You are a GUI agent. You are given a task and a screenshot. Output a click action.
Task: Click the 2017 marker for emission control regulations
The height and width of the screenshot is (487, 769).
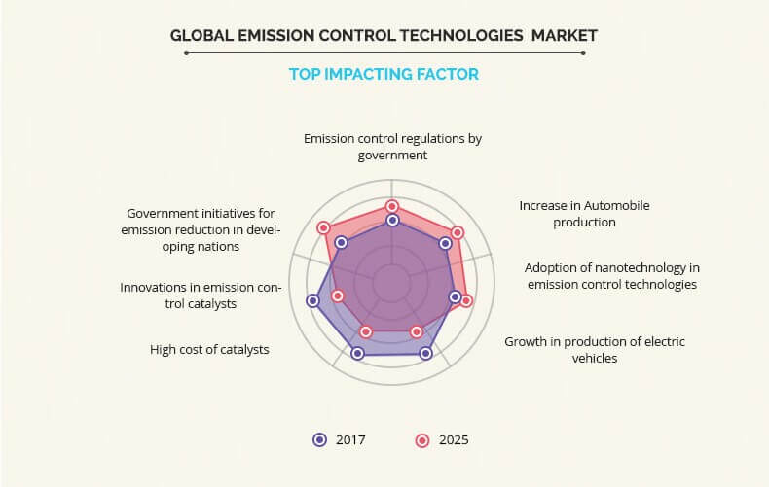(x=392, y=221)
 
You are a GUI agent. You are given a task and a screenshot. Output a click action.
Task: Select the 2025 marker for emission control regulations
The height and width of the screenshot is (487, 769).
(x=391, y=206)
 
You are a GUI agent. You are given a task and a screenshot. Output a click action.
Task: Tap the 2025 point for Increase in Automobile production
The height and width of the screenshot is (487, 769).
(x=458, y=232)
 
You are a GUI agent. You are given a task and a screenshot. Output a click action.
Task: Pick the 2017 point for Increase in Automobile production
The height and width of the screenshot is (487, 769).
(x=445, y=243)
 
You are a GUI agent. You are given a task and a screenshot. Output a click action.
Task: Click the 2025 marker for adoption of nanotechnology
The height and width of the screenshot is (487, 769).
(x=466, y=300)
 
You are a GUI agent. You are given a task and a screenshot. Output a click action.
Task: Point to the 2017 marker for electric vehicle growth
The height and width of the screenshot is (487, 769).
(x=425, y=353)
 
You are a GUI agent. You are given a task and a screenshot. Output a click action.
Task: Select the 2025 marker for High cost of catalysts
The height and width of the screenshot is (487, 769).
(x=366, y=331)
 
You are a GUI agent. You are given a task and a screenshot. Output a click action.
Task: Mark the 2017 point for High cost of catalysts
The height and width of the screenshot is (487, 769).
(x=357, y=353)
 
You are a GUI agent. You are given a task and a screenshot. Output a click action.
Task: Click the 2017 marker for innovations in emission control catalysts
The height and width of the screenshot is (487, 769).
(x=312, y=300)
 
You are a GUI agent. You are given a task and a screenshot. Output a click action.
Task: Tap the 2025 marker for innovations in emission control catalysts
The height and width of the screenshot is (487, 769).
(x=338, y=296)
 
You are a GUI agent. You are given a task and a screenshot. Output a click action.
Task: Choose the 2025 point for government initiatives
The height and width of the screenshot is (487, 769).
(x=323, y=227)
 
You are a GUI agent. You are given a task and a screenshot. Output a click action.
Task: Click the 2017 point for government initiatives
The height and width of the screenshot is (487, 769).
(x=342, y=242)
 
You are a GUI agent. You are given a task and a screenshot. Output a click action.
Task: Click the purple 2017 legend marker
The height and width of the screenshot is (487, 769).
(x=319, y=440)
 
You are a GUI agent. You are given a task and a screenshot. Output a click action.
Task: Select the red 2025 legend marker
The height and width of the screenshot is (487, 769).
(x=422, y=440)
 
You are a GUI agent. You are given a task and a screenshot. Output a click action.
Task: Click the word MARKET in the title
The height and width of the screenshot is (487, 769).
(x=565, y=35)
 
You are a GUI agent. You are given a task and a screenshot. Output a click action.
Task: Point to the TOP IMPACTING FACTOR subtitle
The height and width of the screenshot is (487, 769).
(x=384, y=74)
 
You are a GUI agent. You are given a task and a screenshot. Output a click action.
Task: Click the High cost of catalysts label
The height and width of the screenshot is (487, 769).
(x=209, y=349)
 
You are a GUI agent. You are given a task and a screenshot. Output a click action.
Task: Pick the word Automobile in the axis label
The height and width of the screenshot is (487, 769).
(x=616, y=205)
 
